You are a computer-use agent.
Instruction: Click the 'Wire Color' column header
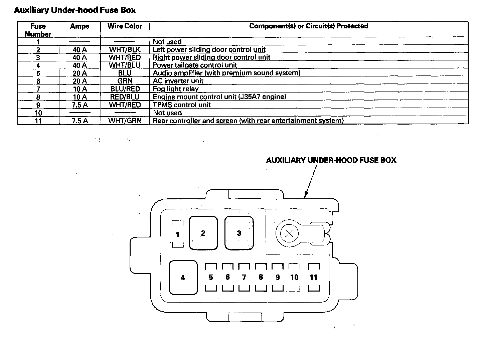click(x=125, y=26)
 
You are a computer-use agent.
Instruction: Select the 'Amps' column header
click(x=79, y=26)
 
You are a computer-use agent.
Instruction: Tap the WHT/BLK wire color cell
click(x=125, y=49)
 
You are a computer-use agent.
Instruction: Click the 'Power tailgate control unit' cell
click(x=195, y=65)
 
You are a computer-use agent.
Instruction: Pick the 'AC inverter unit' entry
click(x=178, y=81)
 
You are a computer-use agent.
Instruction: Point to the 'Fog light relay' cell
click(x=176, y=89)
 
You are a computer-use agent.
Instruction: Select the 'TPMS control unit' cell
click(x=182, y=105)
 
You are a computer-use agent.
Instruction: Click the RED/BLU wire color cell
click(x=125, y=97)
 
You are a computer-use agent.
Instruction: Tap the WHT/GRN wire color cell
click(x=125, y=121)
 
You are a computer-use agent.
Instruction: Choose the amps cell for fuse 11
click(x=79, y=121)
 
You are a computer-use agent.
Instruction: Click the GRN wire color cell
click(x=125, y=81)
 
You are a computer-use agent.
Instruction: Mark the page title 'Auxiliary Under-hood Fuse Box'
click(x=75, y=10)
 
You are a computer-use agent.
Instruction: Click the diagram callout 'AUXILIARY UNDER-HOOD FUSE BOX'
click(x=331, y=160)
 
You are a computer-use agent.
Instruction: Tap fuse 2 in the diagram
click(x=203, y=233)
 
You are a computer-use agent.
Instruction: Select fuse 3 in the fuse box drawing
click(x=239, y=233)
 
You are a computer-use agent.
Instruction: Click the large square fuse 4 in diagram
click(x=183, y=278)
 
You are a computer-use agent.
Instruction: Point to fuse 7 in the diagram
click(x=244, y=277)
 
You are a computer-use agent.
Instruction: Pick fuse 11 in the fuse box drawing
click(x=313, y=277)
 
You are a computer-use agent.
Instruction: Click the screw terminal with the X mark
click(x=289, y=233)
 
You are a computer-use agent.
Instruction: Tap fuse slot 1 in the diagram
click(x=178, y=234)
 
